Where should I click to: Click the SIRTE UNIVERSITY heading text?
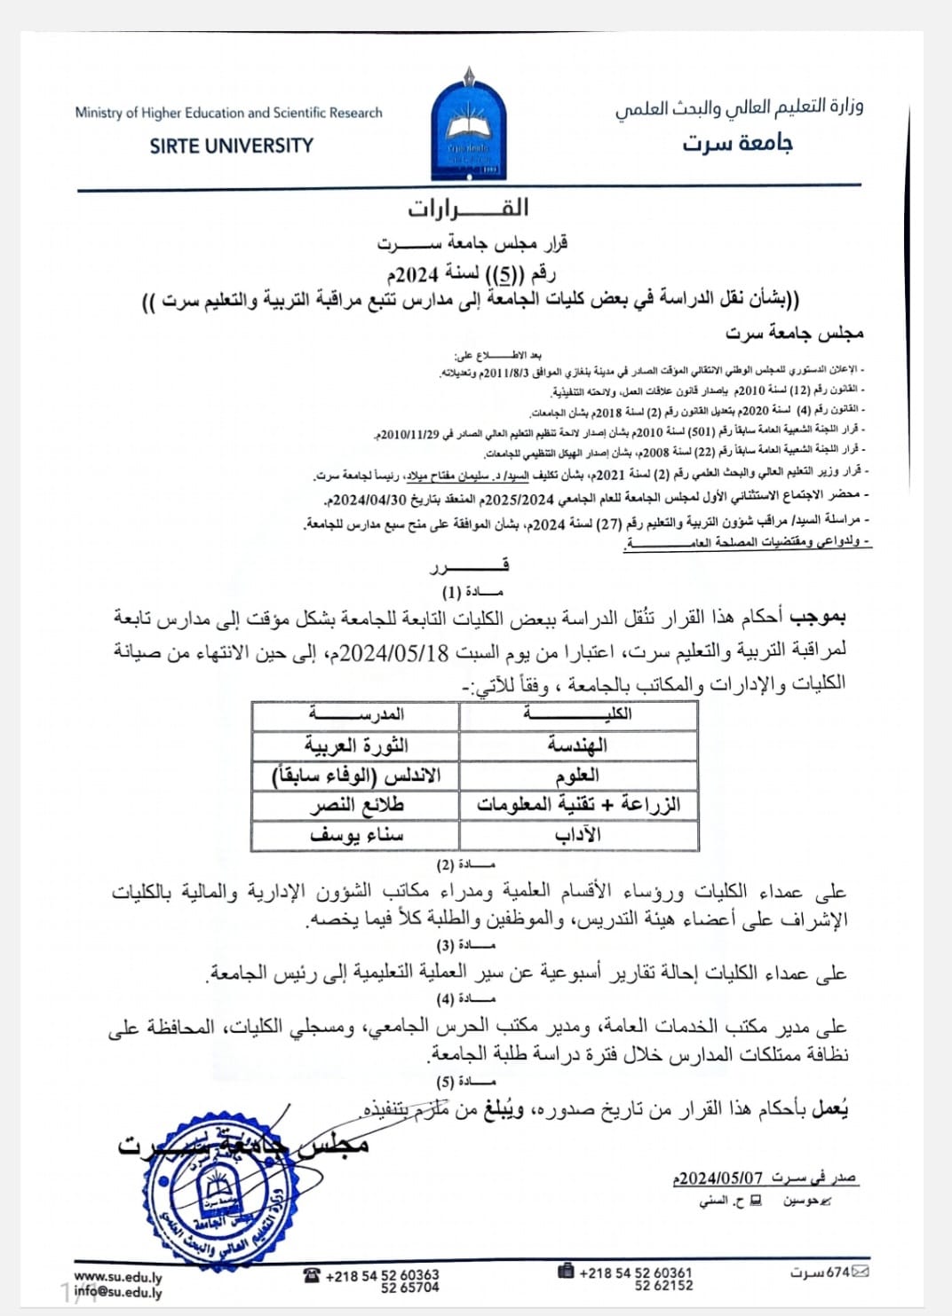[x=231, y=146]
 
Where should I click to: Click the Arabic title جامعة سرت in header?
[x=737, y=143]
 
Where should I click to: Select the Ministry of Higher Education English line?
[x=228, y=113]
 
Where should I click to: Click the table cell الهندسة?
[x=577, y=745]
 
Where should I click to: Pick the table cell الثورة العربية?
[x=356, y=745]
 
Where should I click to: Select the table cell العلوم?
[x=577, y=776]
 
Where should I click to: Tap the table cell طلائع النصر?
[x=356, y=806]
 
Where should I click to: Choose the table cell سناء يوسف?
[x=356, y=835]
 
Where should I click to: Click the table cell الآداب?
[x=577, y=835]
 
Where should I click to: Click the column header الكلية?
[x=577, y=714]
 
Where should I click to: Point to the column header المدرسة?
[x=356, y=714]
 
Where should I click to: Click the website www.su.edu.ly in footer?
[x=118, y=1277]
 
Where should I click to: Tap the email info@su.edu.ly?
[x=118, y=1291]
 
